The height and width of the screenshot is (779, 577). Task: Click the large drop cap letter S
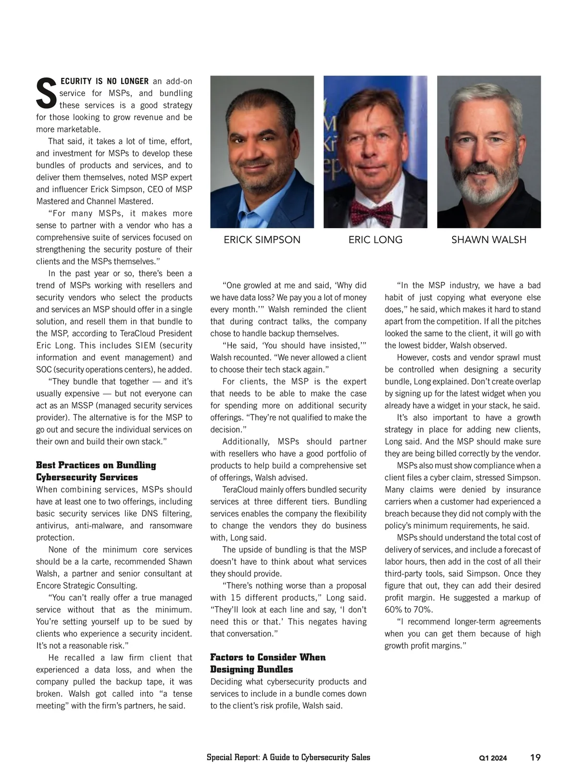pos(47,93)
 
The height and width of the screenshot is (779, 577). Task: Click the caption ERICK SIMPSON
pos(262,240)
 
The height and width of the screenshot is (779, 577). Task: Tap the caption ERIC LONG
pos(376,240)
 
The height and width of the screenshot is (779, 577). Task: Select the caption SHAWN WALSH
pos(489,240)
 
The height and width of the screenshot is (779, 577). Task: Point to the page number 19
pos(535,757)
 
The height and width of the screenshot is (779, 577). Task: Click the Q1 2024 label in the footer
pos(493,758)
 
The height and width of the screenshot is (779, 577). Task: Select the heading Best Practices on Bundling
pos(96,465)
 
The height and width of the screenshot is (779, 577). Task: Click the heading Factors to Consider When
pos(268,657)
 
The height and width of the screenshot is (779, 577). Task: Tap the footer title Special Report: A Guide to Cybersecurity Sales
pos(288,757)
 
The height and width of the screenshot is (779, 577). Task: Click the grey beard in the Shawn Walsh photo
pos(487,192)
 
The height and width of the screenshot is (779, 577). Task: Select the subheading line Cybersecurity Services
pos(87,477)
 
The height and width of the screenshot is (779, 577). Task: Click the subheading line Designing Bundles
pos(251,669)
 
